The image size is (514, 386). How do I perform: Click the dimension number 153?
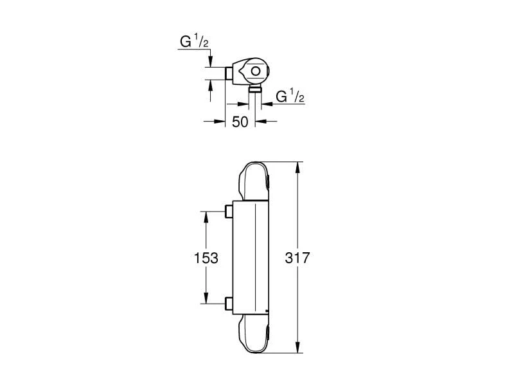[x=206, y=259]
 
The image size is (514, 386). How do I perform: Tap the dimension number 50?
[x=240, y=122]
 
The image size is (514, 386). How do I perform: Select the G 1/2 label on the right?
[x=290, y=97]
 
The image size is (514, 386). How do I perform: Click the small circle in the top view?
[x=256, y=72]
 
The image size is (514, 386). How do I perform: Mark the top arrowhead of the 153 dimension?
[x=206, y=216]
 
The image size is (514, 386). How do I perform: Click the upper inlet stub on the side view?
[x=228, y=211]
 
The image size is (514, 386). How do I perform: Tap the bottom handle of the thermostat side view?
[x=254, y=335]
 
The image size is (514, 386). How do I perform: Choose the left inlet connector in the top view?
[x=229, y=72]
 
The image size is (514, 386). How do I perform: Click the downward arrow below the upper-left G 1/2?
[x=211, y=61]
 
